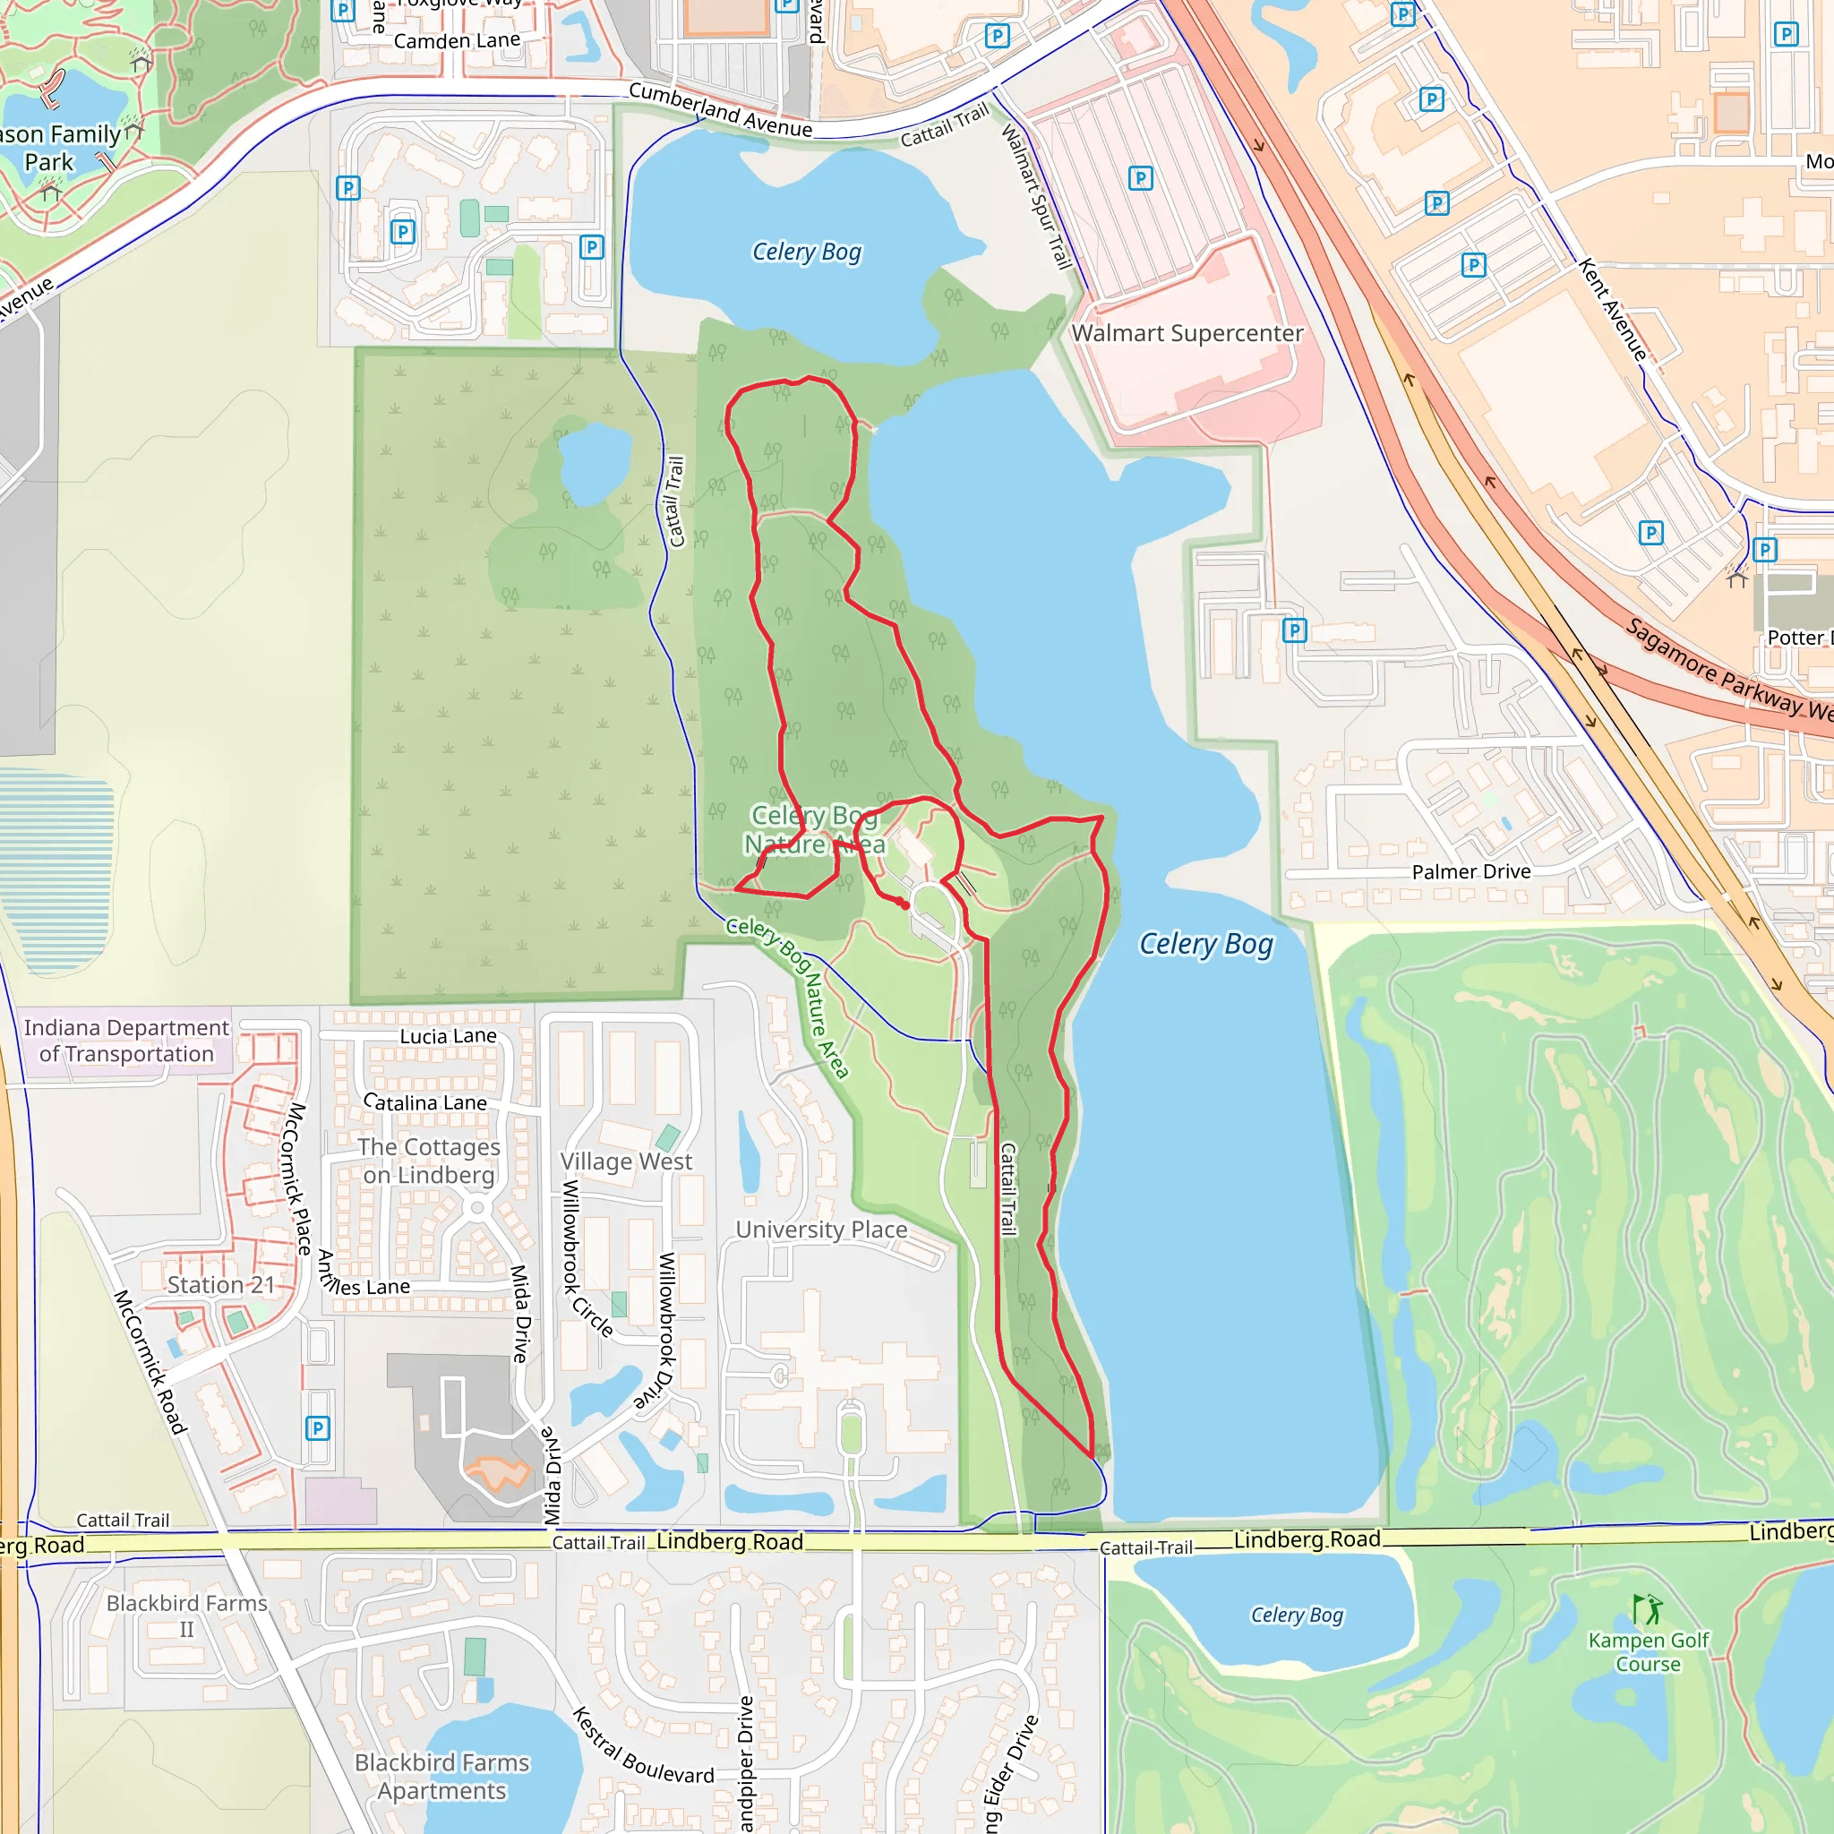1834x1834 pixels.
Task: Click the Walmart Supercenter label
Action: pyautogui.click(x=1187, y=333)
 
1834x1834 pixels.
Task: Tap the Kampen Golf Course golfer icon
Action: pyautogui.click(x=1648, y=1609)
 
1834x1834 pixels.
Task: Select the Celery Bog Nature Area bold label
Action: pyautogui.click(x=815, y=829)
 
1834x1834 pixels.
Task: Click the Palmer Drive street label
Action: pyautogui.click(x=1470, y=871)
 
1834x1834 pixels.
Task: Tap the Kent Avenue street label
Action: pyautogui.click(x=1613, y=309)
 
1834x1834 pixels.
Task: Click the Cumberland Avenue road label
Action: pyautogui.click(x=721, y=110)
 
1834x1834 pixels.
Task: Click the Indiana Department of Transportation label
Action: pyautogui.click(x=126, y=1041)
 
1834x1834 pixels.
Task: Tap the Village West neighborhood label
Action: pyautogui.click(x=626, y=1161)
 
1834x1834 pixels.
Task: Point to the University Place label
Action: pyautogui.click(x=821, y=1230)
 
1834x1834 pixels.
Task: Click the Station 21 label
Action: pyautogui.click(x=220, y=1284)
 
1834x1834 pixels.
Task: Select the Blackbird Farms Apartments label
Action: pyautogui.click(x=441, y=1776)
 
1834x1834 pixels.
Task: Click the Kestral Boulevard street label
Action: pyautogui.click(x=643, y=1744)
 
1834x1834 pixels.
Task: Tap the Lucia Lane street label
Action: pyautogui.click(x=448, y=1036)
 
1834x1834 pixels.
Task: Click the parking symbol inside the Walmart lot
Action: pyautogui.click(x=1140, y=178)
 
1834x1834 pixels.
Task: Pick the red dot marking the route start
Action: pyautogui.click(x=905, y=904)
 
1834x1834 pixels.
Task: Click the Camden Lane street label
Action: pyautogui.click(x=457, y=41)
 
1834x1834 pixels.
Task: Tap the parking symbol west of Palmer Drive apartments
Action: pyautogui.click(x=1294, y=630)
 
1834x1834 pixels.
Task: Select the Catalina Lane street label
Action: pyautogui.click(x=425, y=1102)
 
